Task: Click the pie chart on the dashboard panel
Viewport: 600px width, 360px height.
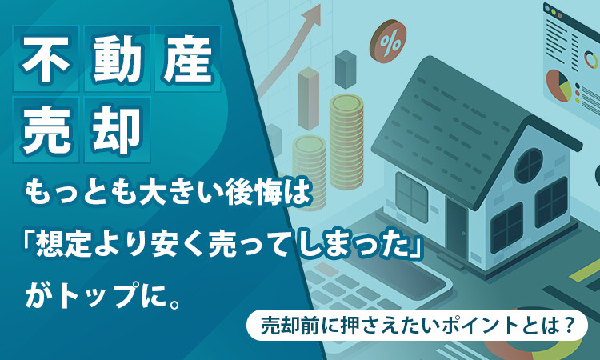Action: coord(558,85)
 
